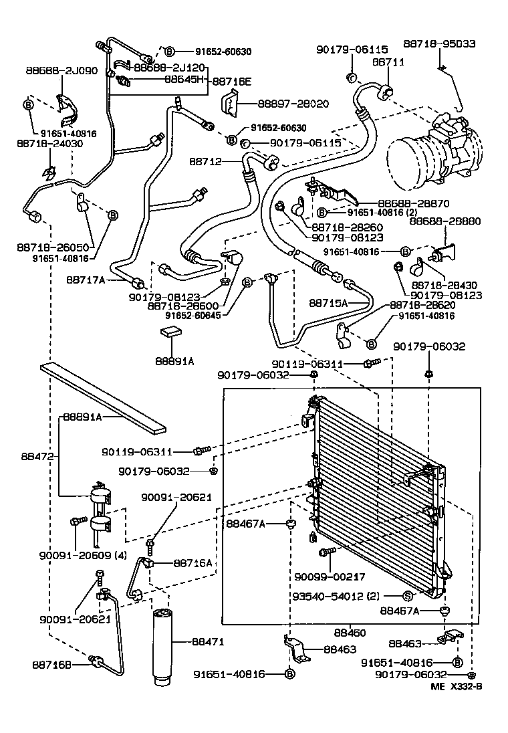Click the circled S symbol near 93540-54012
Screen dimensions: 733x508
click(406, 595)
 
